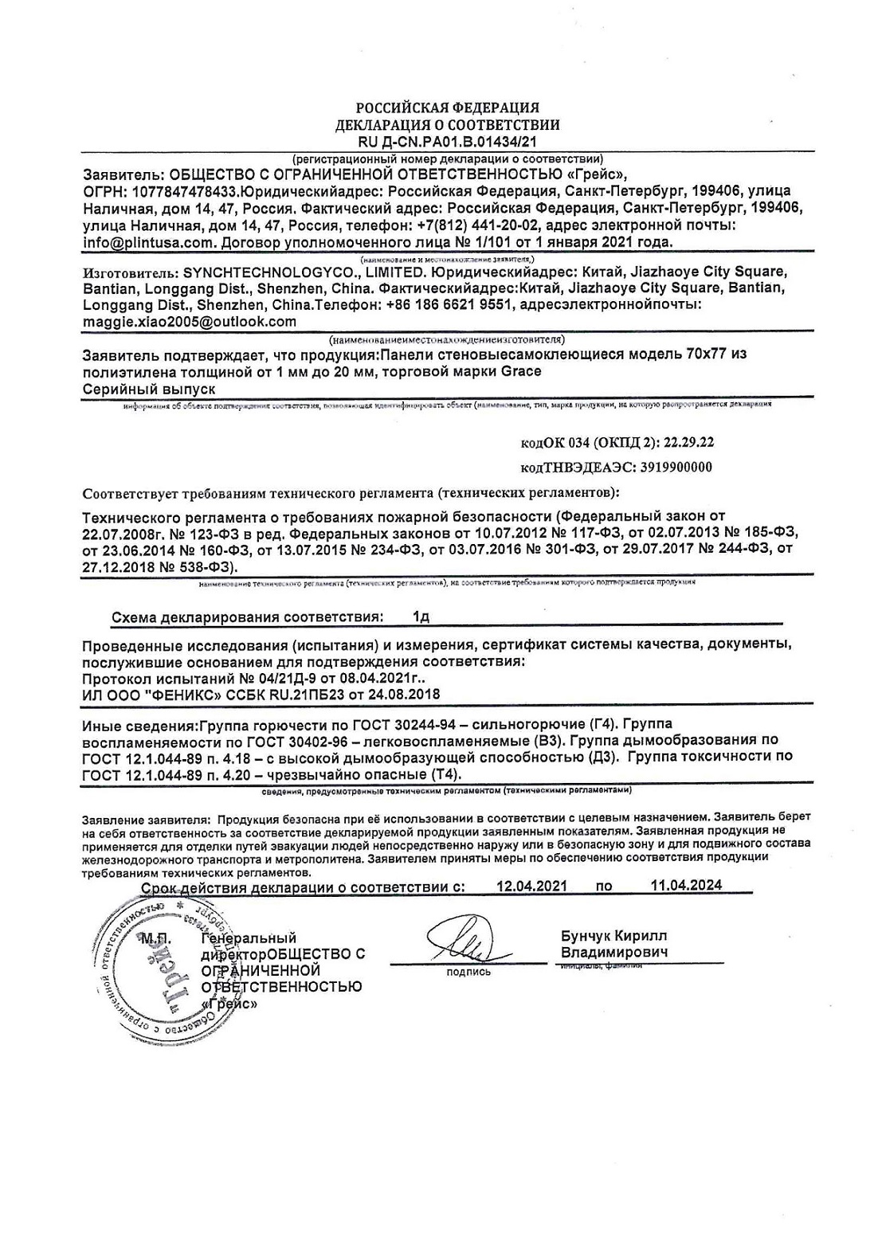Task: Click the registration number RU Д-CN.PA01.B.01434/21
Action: pos(447,142)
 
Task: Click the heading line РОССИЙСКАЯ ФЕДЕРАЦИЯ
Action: pos(447,108)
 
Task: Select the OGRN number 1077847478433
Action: pos(181,192)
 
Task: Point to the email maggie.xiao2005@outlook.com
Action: pos(189,322)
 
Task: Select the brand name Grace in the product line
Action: pos(522,372)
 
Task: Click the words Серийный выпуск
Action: pos(149,389)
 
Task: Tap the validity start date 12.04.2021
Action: pos(531,885)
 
